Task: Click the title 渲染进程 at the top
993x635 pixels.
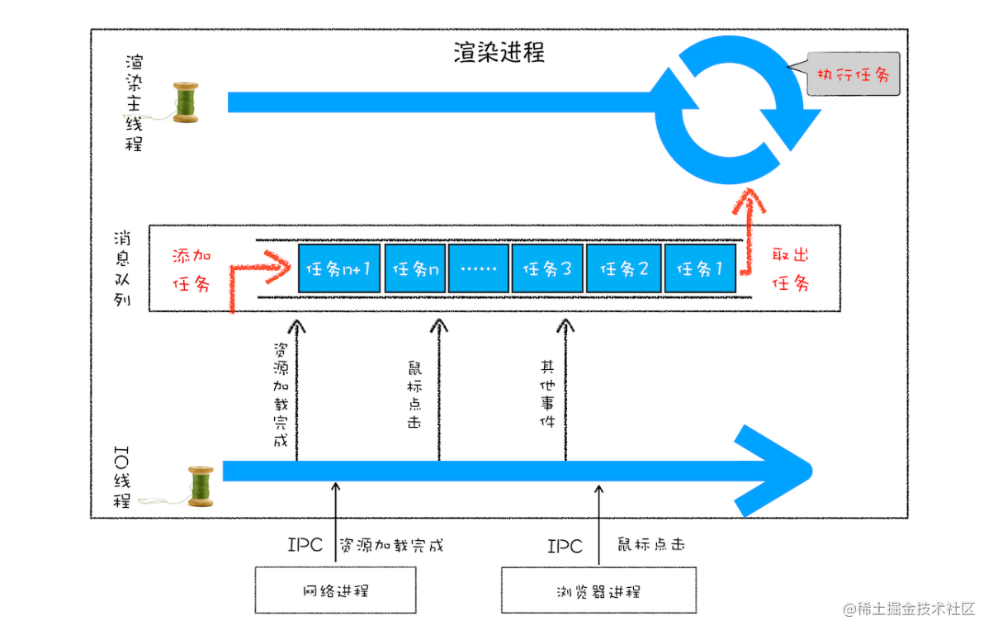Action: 499,53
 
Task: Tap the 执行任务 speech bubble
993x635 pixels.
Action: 853,75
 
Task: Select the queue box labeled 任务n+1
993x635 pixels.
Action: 339,268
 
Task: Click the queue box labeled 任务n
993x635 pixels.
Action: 415,268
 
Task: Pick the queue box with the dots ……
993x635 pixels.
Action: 479,268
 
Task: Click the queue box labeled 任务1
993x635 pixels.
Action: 701,268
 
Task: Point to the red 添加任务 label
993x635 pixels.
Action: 191,270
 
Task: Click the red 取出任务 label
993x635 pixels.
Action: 790,268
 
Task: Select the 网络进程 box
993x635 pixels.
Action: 334,590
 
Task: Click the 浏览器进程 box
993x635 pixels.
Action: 598,590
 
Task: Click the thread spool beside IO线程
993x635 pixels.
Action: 200,486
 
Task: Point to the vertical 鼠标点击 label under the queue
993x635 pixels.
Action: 414,393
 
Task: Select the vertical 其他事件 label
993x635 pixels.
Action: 547,393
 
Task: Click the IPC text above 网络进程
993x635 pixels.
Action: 305,546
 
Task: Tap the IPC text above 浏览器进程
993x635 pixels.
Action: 565,547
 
